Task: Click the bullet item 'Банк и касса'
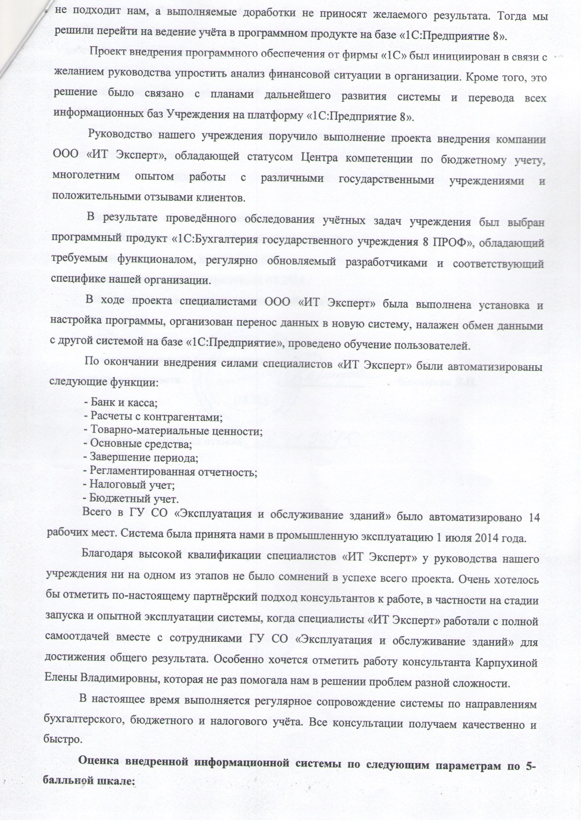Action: (x=124, y=403)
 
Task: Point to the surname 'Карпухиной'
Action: (x=506, y=663)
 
